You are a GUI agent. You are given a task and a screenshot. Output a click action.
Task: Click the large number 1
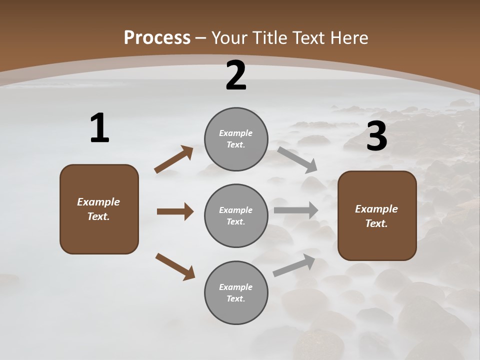click(99, 128)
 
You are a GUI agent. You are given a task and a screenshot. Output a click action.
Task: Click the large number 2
click(236, 75)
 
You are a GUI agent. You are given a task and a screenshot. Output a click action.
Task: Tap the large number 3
click(376, 136)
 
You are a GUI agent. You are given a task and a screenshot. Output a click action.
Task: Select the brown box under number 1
click(99, 209)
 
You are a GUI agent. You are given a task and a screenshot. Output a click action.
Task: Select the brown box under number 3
click(377, 215)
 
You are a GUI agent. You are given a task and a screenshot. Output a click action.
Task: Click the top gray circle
click(236, 139)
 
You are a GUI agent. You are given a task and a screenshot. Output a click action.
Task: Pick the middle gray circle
click(236, 215)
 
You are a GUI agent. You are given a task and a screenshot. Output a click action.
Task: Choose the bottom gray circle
click(236, 292)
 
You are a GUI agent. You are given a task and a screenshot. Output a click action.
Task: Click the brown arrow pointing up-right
click(174, 159)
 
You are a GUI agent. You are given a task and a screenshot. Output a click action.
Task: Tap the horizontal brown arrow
click(175, 211)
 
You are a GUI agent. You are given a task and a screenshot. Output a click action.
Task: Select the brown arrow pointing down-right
click(175, 266)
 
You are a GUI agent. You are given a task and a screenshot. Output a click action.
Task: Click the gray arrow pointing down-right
click(297, 159)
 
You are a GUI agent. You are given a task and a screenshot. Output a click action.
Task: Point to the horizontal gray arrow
click(295, 210)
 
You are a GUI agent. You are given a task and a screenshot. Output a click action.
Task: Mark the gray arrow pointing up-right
click(294, 265)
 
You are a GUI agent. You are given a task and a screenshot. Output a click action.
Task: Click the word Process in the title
click(157, 37)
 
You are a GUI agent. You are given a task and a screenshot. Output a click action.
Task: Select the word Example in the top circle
click(235, 133)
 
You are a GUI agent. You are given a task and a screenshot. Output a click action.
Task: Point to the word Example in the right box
click(376, 209)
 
